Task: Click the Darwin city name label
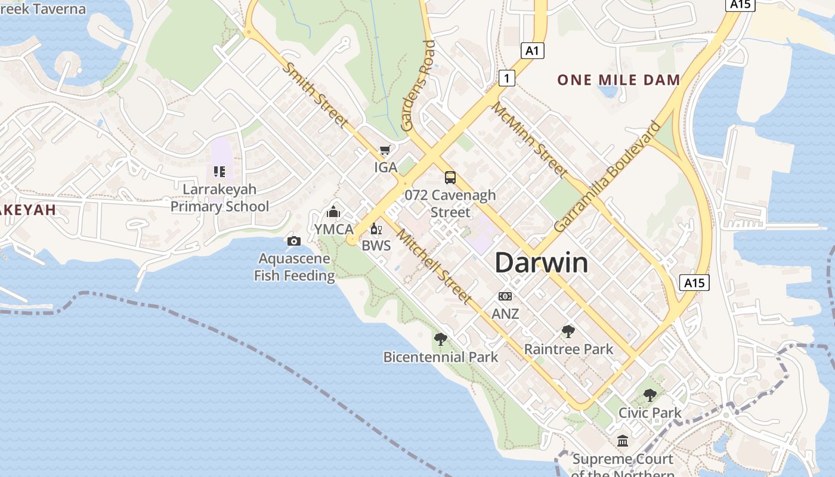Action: pyautogui.click(x=542, y=263)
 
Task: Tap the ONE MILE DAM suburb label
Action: pyautogui.click(x=618, y=80)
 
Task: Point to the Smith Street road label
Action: pyautogui.click(x=314, y=95)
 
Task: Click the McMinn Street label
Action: pyautogui.click(x=528, y=140)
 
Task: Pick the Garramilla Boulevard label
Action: pyautogui.click(x=607, y=177)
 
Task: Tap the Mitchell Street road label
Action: pyautogui.click(x=434, y=266)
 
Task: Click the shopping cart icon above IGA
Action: pyautogui.click(x=385, y=150)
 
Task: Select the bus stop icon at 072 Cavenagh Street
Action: pyautogui.click(x=450, y=177)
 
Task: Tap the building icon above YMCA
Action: pyautogui.click(x=333, y=212)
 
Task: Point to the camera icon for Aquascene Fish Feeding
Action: pyautogui.click(x=293, y=241)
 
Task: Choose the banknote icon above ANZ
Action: pyautogui.click(x=505, y=296)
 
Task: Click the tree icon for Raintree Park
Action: pyautogui.click(x=568, y=332)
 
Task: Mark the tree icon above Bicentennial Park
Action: pyautogui.click(x=441, y=339)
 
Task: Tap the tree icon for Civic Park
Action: pyautogui.click(x=650, y=395)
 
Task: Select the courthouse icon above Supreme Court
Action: pyautogui.click(x=623, y=441)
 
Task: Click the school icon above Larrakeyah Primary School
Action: pyautogui.click(x=219, y=172)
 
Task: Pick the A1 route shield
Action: pyautogui.click(x=532, y=51)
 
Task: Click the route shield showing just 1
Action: pyautogui.click(x=506, y=78)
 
